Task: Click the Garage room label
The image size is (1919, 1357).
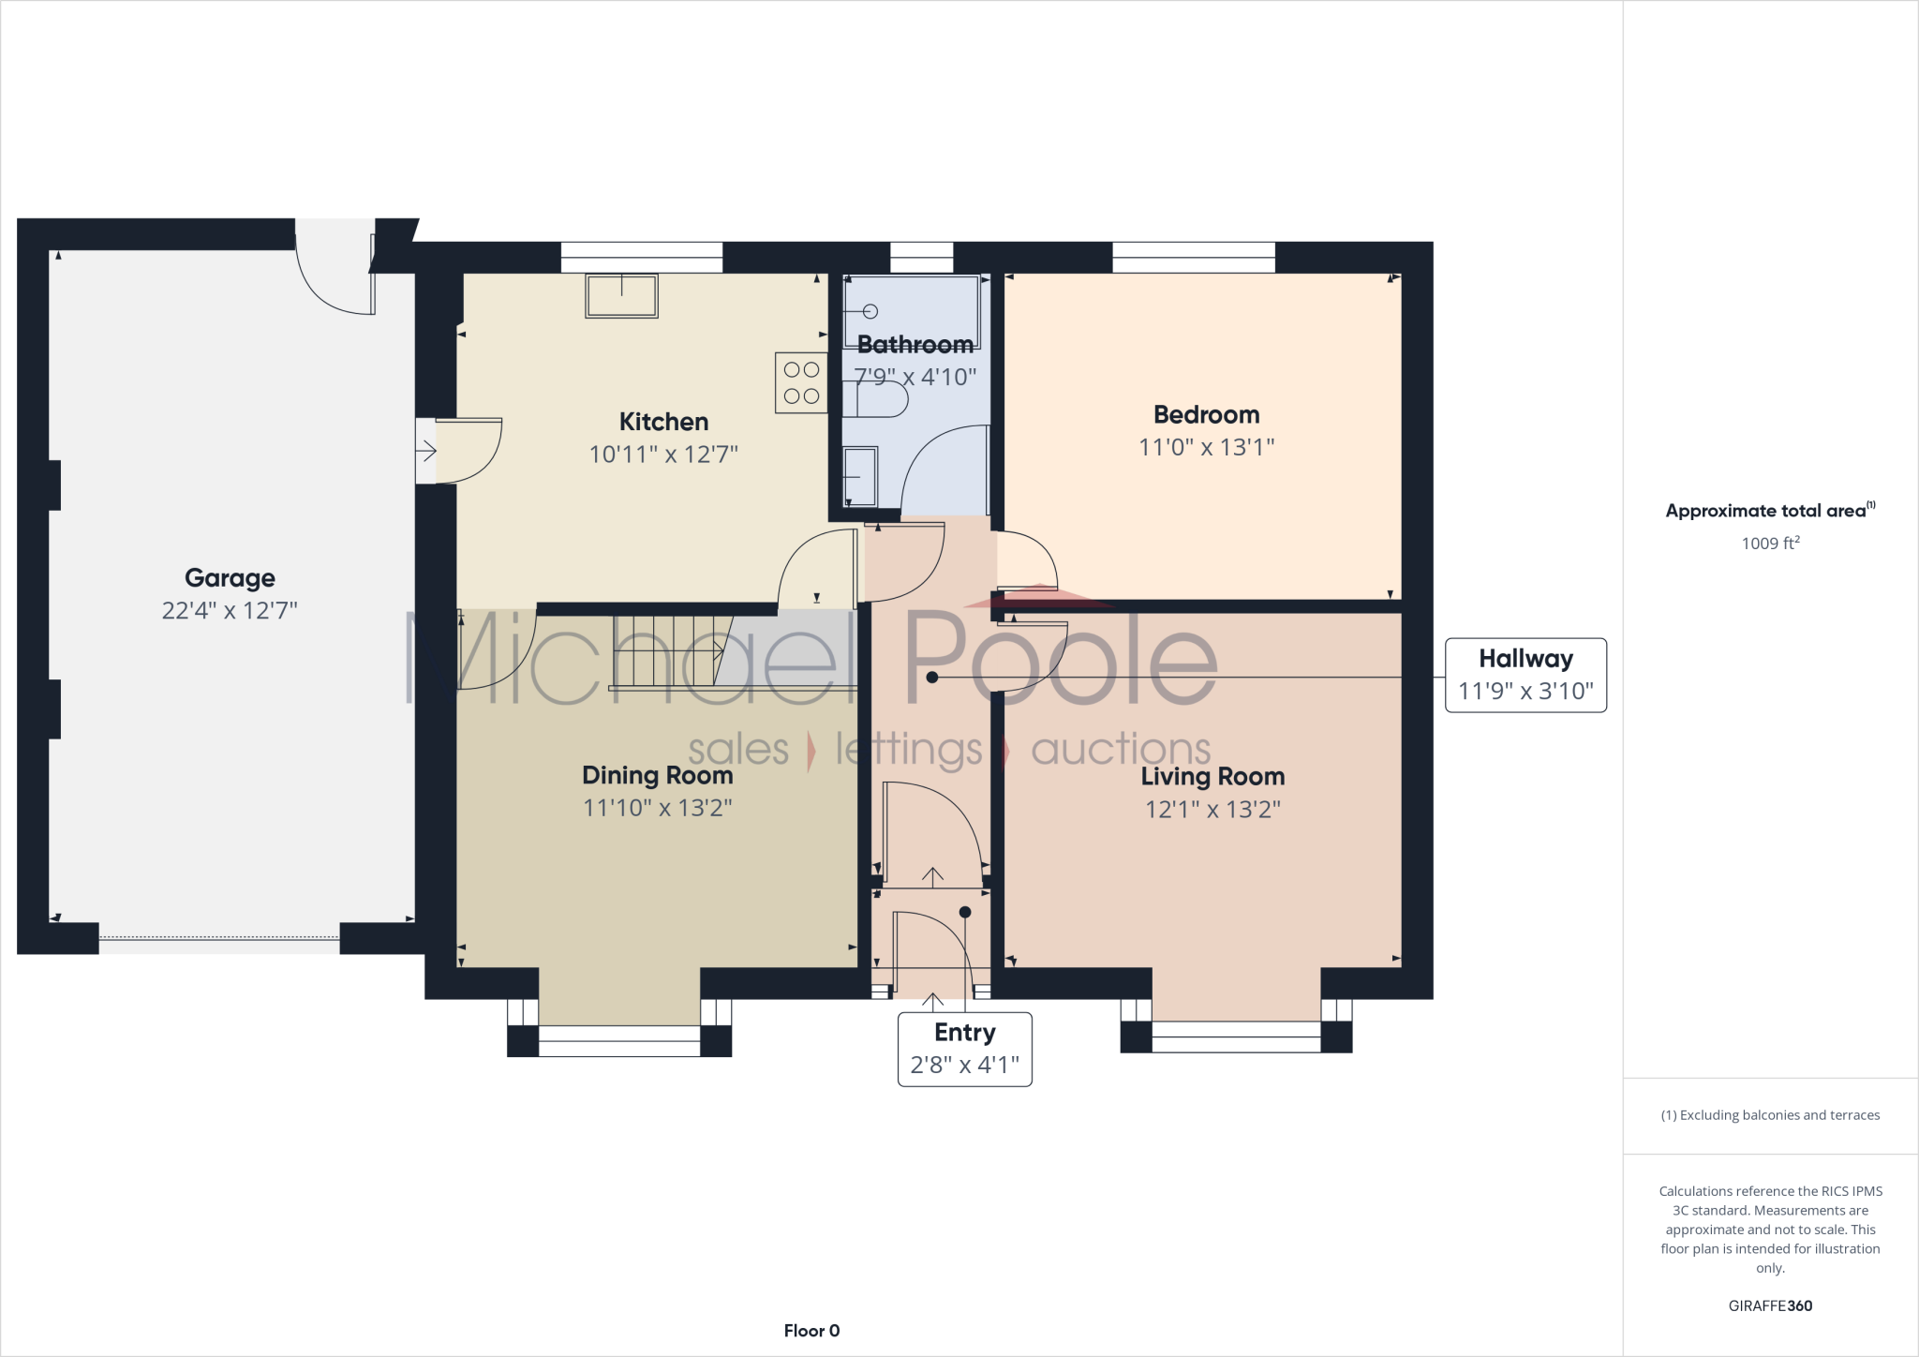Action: [x=230, y=578]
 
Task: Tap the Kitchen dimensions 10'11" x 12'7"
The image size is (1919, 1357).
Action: [x=663, y=455]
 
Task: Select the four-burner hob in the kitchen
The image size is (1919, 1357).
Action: [x=801, y=382]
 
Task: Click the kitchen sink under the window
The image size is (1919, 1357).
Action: [x=621, y=295]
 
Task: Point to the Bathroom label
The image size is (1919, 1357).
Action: [x=915, y=345]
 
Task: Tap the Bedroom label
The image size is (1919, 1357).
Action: [x=1206, y=414]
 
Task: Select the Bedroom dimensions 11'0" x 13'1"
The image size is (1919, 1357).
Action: [x=1206, y=447]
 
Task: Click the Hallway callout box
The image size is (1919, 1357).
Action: [x=1525, y=675]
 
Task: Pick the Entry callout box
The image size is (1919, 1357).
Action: [x=964, y=1049]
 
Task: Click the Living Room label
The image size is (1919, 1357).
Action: [x=1212, y=776]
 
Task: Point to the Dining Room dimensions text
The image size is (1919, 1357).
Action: [x=657, y=807]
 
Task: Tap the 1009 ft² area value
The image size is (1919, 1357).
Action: [x=1770, y=543]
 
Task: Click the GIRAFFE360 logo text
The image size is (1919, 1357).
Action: [x=1770, y=1305]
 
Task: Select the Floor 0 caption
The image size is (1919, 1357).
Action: [x=811, y=1331]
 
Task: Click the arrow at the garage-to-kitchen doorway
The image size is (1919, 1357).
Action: [x=426, y=452]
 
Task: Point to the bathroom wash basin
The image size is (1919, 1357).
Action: [x=861, y=476]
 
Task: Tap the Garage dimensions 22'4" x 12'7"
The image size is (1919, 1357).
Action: [x=230, y=611]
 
